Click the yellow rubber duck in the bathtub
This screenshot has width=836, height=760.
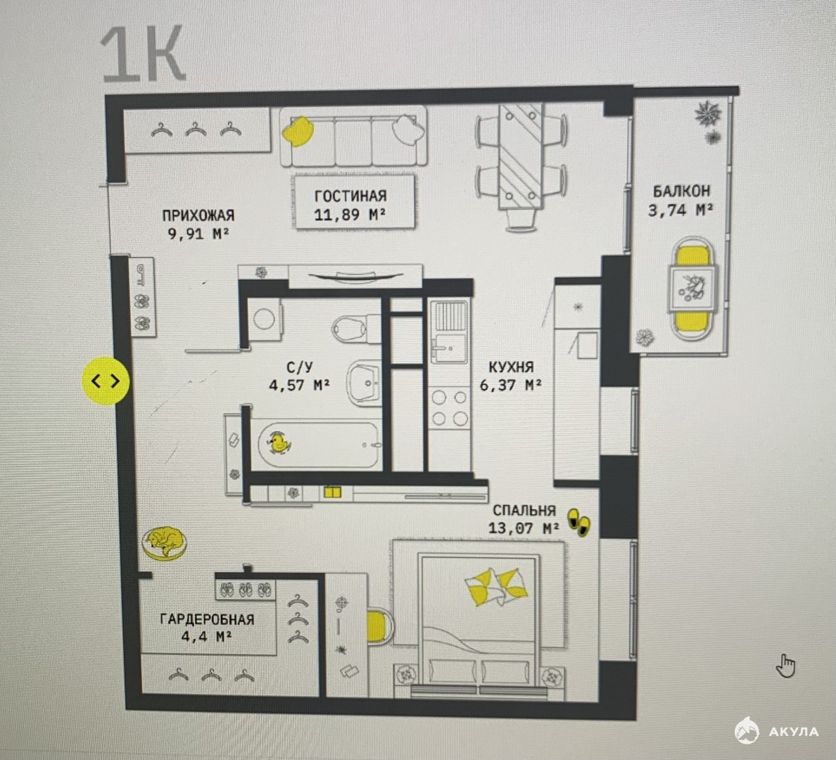tap(278, 443)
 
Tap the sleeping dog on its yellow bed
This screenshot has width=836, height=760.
tap(165, 543)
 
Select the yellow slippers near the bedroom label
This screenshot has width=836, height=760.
tap(578, 522)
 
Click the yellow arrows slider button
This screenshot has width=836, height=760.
tap(106, 381)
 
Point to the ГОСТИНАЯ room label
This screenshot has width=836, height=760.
tap(350, 196)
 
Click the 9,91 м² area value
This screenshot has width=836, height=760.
tap(198, 234)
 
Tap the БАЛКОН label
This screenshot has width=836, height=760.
tap(681, 191)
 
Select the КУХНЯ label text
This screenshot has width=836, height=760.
tap(511, 367)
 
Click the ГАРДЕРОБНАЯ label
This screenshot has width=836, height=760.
tap(207, 619)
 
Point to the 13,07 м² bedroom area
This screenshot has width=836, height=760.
tap(524, 528)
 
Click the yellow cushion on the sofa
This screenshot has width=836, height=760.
tap(298, 131)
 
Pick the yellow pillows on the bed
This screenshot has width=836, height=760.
tap(496, 587)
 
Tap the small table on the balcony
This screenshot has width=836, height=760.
tap(692, 289)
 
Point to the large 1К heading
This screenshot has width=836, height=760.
tap(143, 55)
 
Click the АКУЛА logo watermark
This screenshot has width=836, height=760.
tap(776, 730)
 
